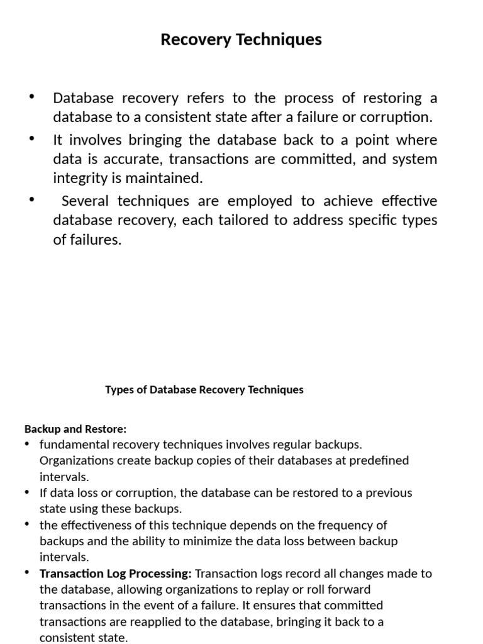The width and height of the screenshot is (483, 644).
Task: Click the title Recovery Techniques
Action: pyautogui.click(x=241, y=40)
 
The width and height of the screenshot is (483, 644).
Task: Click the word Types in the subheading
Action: pyautogui.click(x=118, y=389)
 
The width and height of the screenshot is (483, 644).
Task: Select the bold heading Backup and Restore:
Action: pyautogui.click(x=75, y=429)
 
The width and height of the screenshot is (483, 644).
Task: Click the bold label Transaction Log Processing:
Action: pyautogui.click(x=116, y=574)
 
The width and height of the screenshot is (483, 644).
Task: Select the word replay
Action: pyautogui.click(x=291, y=589)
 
